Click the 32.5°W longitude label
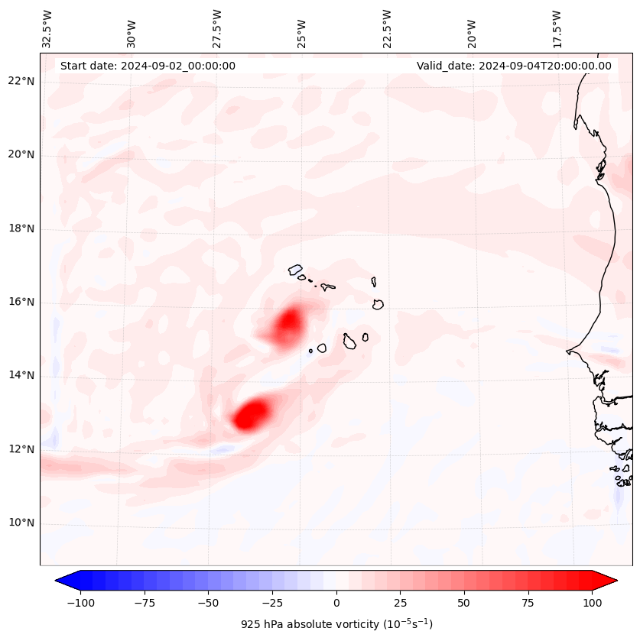click(47, 29)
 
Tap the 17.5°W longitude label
click(557, 29)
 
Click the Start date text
click(148, 66)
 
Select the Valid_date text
click(514, 66)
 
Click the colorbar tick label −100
click(80, 604)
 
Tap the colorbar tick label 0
click(336, 604)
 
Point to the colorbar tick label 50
click(464, 604)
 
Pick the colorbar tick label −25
click(272, 604)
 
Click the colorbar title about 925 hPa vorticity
click(336, 624)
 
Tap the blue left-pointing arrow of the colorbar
click(66, 581)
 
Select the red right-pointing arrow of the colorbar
click(606, 581)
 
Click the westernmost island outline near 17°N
click(295, 269)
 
